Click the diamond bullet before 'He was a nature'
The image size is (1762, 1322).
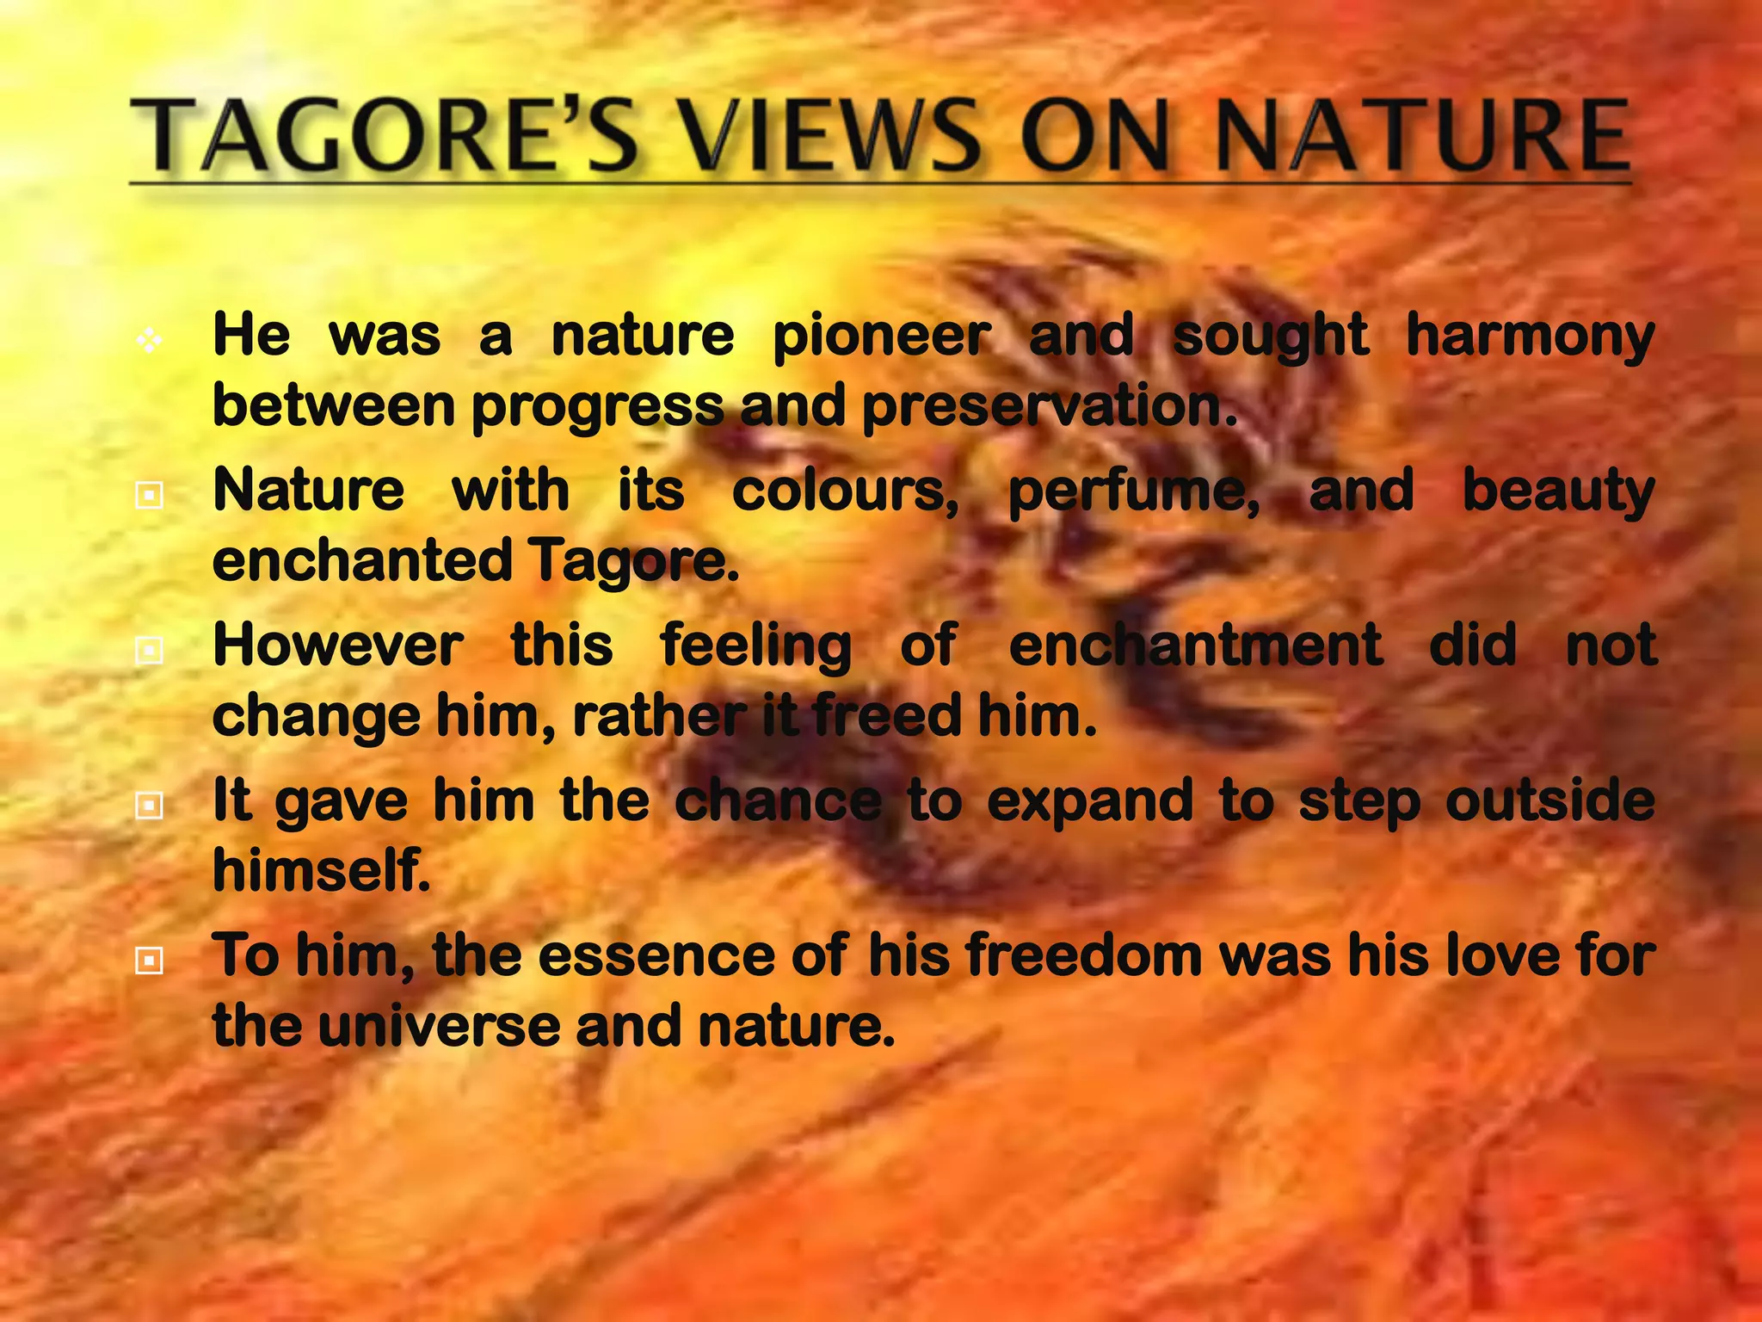coord(149,342)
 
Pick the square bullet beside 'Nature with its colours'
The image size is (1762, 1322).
coord(150,495)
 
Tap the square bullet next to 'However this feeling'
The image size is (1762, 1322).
coord(150,650)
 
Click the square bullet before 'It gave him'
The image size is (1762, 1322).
coord(150,806)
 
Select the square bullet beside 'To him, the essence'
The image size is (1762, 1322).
coord(150,961)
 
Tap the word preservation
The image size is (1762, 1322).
coord(1049,406)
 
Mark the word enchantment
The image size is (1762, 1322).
coord(1196,646)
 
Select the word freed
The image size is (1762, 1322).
coord(886,716)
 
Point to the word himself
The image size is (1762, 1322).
coord(321,870)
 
